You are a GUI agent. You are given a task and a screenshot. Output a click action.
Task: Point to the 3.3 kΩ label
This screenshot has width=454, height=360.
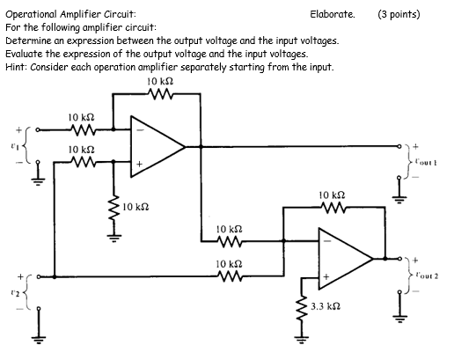326,307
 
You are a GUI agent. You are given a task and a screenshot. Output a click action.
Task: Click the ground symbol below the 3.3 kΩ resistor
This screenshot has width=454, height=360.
303,343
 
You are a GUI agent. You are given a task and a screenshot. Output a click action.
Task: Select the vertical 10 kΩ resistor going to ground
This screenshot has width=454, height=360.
113,208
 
